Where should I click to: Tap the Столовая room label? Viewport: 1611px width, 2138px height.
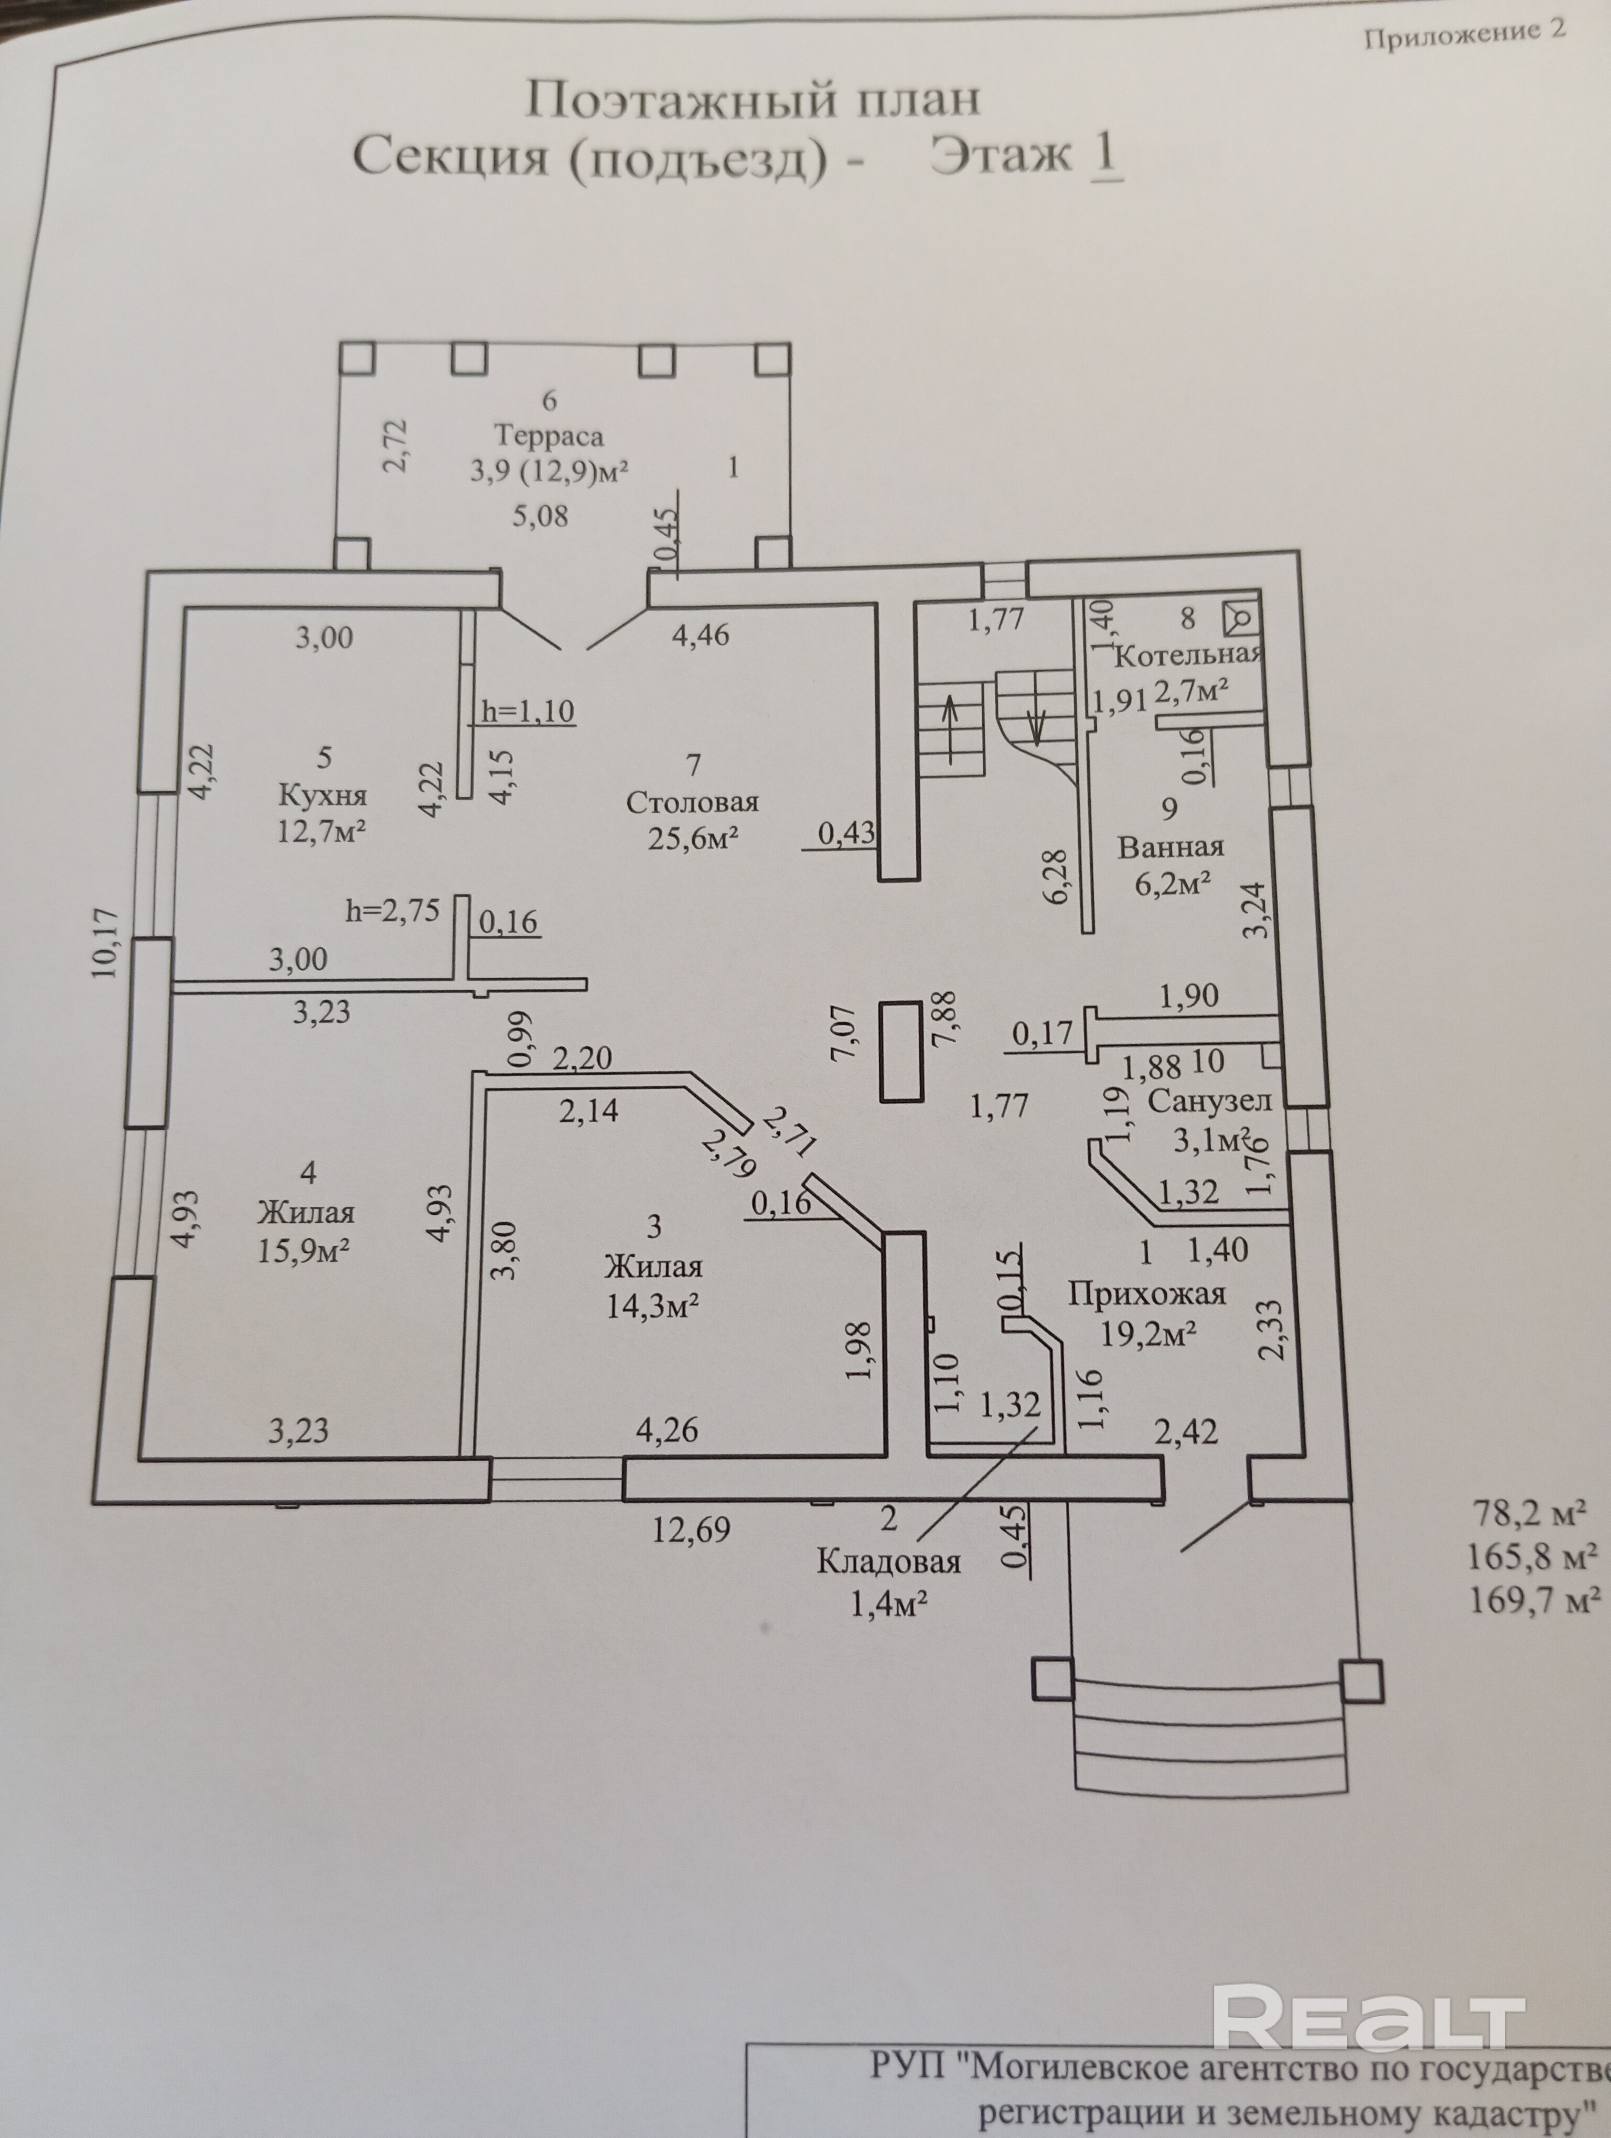pyautogui.click(x=692, y=801)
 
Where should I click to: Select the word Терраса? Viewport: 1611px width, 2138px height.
pyautogui.click(x=549, y=436)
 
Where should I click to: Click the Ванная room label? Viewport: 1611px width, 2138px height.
pyautogui.click(x=1170, y=847)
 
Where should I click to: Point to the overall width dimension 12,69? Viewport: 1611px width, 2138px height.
pyautogui.click(x=691, y=1530)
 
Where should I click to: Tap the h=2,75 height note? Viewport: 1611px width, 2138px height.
pyautogui.click(x=393, y=910)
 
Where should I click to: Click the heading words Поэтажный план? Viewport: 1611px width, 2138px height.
pyautogui.click(x=753, y=100)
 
